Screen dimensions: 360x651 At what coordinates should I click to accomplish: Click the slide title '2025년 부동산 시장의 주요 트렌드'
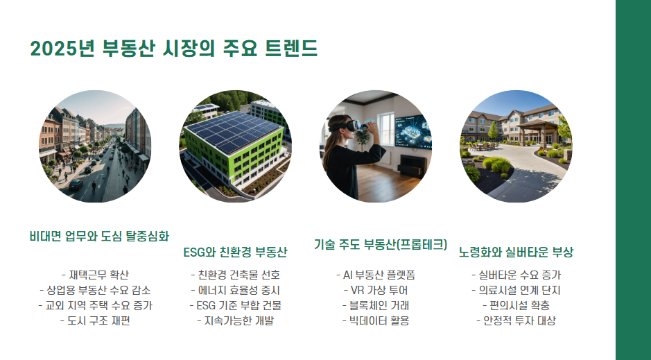tap(174, 49)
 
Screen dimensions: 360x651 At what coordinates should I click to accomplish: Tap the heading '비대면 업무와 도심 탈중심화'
tap(99, 236)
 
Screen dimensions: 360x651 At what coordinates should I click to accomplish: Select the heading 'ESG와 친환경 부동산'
tap(235, 250)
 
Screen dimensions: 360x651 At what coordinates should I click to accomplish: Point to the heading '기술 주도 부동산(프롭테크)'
tap(381, 244)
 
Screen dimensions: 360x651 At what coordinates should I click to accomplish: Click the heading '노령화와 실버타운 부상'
tap(516, 251)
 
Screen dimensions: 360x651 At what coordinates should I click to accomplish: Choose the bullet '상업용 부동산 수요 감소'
tap(95, 290)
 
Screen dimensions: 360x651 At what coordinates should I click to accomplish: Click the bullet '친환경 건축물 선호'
tap(235, 275)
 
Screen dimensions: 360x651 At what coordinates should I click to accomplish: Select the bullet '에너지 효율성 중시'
tap(235, 290)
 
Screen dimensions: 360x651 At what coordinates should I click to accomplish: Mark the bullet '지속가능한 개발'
tap(235, 320)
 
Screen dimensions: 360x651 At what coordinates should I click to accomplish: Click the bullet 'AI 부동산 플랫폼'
tap(375, 275)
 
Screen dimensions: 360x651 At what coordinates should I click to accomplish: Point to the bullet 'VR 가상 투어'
tap(375, 290)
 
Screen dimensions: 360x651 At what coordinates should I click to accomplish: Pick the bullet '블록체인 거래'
tap(375, 305)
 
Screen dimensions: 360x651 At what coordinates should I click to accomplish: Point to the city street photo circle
tap(95, 146)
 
